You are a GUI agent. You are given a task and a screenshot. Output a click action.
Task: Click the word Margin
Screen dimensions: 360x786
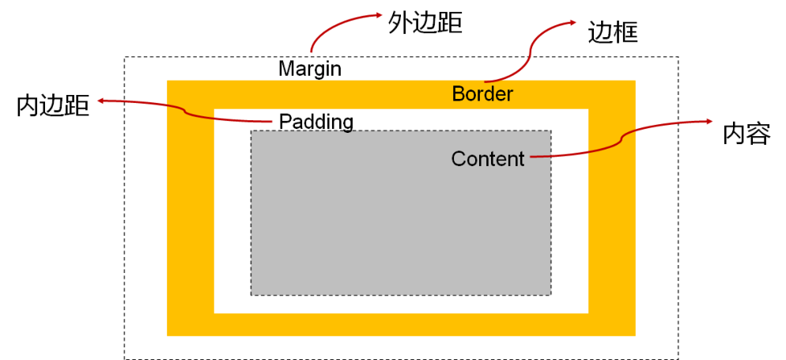point(310,69)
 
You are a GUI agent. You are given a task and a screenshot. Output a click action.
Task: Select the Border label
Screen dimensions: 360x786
point(482,94)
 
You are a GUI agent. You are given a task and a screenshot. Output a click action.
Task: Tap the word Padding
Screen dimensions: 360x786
point(316,122)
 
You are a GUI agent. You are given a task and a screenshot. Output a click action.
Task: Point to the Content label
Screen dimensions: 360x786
point(488,159)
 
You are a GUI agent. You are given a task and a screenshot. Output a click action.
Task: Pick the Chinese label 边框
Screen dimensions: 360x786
point(613,32)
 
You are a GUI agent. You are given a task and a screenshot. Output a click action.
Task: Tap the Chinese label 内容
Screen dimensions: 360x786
point(746,134)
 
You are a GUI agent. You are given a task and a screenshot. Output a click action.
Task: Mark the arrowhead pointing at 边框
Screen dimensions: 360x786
point(572,24)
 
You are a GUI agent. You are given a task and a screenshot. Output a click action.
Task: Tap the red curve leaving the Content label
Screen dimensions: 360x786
point(601,150)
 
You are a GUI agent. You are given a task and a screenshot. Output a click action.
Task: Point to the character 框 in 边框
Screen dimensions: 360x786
point(625,32)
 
